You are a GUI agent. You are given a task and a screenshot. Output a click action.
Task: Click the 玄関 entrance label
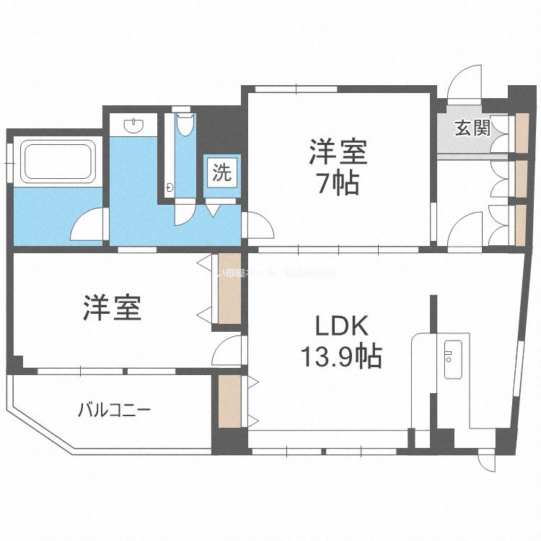(x=472, y=128)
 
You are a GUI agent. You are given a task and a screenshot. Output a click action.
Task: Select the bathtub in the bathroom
(x=58, y=162)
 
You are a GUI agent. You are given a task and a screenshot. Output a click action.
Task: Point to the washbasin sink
(x=135, y=126)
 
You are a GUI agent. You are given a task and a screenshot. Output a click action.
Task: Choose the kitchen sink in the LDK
(x=454, y=359)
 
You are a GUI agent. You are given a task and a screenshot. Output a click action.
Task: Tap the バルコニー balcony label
(x=115, y=411)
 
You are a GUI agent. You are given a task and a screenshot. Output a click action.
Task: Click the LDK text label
(x=341, y=327)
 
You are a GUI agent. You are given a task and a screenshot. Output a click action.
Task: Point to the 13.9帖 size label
(x=340, y=357)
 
